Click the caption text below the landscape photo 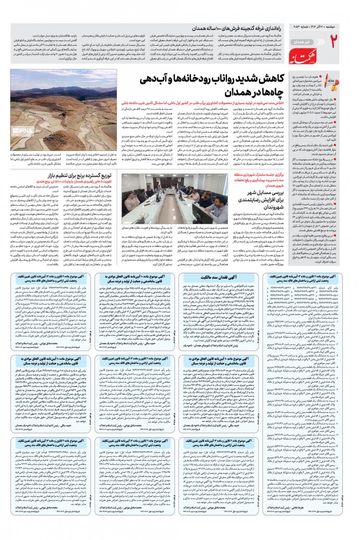[x=52, y=159]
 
